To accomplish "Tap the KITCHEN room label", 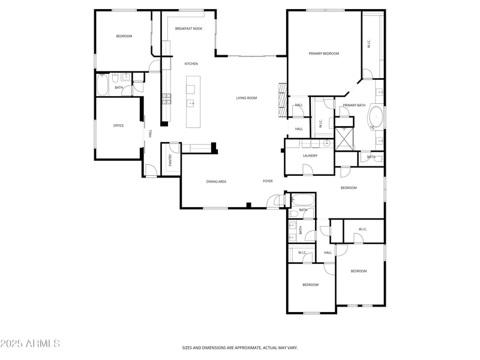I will (191, 64).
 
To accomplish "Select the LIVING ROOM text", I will (246, 98).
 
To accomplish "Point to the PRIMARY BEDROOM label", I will (323, 53).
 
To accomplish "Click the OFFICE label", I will (118, 125).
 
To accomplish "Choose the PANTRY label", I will (170, 160).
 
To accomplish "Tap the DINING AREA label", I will (216, 181).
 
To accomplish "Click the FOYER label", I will (268, 181).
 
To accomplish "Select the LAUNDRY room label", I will (310, 155).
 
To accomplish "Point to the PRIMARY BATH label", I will (354, 106).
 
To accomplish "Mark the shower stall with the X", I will (344, 139).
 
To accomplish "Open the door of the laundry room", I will (308, 171).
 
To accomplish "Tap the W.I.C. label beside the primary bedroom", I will (369, 44).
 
